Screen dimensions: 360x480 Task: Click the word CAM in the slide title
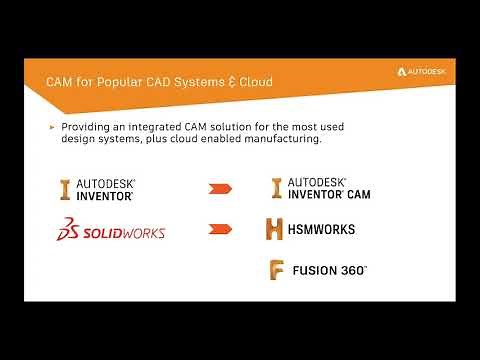(x=63, y=80)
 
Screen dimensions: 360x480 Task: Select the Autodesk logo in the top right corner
(x=424, y=72)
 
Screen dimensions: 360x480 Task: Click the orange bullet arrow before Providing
(x=52, y=127)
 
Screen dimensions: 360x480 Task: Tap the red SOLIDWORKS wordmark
(x=125, y=232)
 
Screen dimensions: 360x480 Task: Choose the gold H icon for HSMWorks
(x=275, y=229)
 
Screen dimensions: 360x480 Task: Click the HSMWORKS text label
(x=323, y=229)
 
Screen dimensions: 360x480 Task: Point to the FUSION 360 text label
(x=330, y=270)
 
